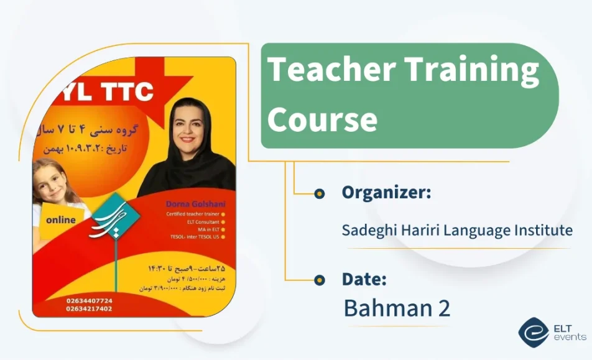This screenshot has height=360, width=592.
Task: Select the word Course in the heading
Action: (x=321, y=118)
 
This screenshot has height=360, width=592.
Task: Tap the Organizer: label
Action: (x=386, y=193)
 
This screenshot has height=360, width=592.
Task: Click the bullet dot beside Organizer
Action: (x=320, y=193)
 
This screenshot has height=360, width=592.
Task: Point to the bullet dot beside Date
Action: (x=320, y=280)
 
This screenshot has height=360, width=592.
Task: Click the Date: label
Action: (x=364, y=280)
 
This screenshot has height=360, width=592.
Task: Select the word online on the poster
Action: (x=60, y=219)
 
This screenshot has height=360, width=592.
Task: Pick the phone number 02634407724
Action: (x=89, y=300)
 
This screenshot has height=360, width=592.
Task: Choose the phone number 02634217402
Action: (x=89, y=308)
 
